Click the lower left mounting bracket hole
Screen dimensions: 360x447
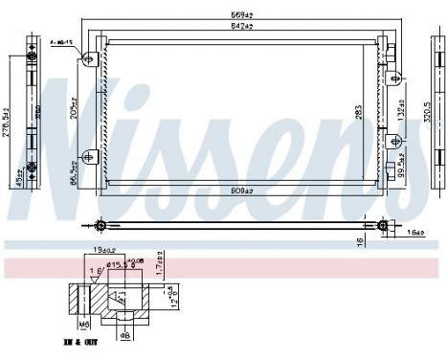click(x=91, y=158)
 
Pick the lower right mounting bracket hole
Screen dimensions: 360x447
click(x=389, y=158)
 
